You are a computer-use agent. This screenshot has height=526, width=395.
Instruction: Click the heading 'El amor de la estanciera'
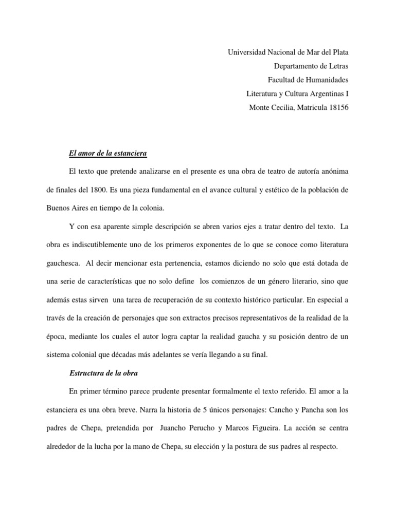click(108, 153)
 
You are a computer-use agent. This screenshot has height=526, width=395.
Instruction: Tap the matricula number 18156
click(338, 107)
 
